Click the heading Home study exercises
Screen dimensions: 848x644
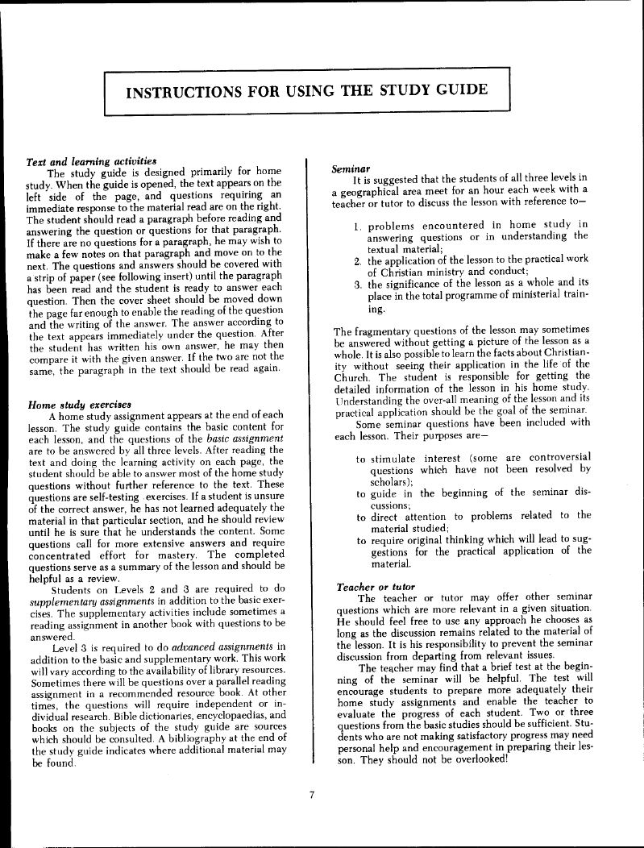(x=79, y=403)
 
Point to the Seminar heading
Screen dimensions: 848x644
(x=350, y=166)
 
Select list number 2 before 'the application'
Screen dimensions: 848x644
(x=357, y=261)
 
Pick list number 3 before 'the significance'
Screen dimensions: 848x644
(x=357, y=285)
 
